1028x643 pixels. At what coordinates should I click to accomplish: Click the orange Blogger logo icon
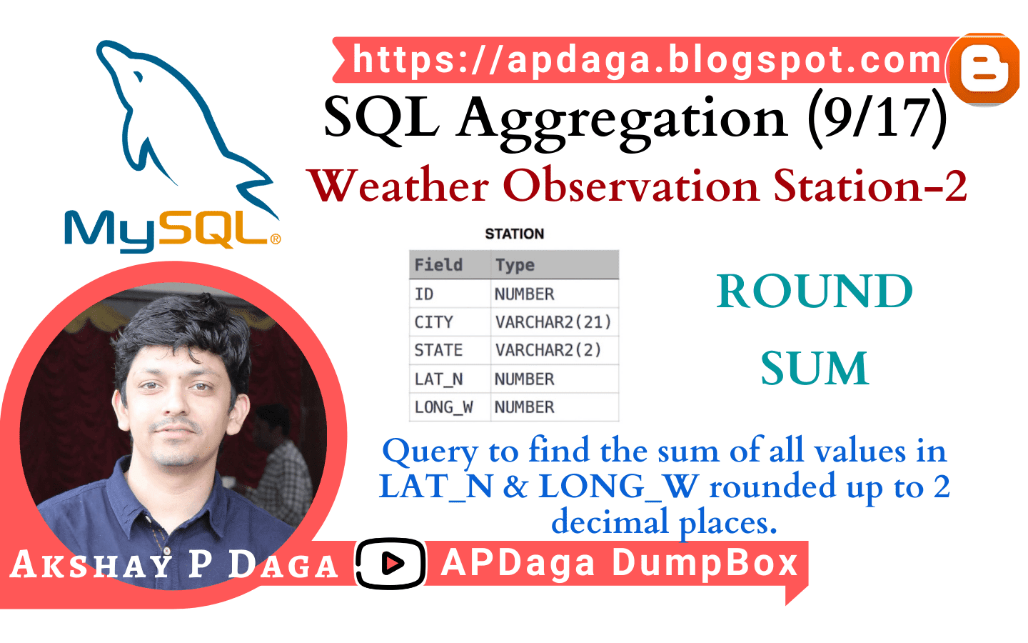point(984,69)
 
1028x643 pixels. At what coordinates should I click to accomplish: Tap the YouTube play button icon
point(390,564)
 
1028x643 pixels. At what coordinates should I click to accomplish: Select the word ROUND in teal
point(815,291)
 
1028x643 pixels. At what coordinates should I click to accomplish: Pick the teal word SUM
point(815,369)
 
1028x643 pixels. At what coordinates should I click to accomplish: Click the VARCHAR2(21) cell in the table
point(553,322)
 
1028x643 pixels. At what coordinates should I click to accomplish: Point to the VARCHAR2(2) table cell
point(548,350)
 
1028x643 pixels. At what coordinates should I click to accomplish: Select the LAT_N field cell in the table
point(438,379)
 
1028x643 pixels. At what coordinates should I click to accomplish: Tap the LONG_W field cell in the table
point(443,407)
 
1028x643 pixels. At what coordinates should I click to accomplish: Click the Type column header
point(515,265)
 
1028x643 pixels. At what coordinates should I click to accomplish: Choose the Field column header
point(438,265)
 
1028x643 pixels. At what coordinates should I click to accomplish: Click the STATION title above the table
point(514,234)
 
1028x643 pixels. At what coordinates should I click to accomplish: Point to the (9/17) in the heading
point(877,118)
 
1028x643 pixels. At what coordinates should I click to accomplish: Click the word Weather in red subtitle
point(399,186)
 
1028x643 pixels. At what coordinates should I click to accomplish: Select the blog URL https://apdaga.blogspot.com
point(647,60)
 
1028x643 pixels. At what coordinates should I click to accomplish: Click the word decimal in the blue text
point(610,522)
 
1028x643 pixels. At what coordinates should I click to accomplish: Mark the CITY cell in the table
point(433,322)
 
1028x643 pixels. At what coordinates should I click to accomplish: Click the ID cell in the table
point(424,294)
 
